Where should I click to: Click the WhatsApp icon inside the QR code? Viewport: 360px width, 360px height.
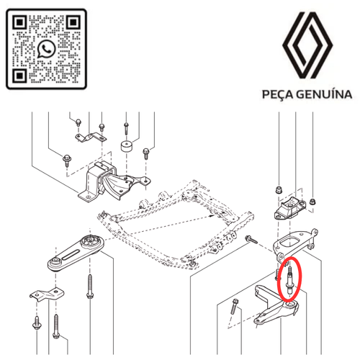click(46, 49)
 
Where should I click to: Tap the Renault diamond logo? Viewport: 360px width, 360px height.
click(307, 45)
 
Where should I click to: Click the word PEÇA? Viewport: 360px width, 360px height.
click(278, 94)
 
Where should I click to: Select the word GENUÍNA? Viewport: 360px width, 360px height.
click(324, 94)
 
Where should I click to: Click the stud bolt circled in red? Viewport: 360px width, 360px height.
click(289, 280)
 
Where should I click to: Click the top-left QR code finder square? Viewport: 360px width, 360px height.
click(19, 22)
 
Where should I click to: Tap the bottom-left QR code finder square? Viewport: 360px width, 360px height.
click(19, 76)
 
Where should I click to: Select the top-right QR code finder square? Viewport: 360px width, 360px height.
click(73, 22)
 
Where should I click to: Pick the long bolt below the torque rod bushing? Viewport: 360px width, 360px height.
click(90, 287)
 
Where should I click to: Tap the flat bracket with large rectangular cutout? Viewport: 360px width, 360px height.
click(295, 244)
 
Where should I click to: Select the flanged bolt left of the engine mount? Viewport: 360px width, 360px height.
click(66, 160)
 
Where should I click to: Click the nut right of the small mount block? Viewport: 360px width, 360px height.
click(312, 202)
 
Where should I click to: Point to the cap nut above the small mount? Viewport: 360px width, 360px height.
click(279, 189)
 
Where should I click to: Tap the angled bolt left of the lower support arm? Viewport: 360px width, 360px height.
click(234, 306)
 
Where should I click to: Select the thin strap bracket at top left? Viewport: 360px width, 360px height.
click(91, 138)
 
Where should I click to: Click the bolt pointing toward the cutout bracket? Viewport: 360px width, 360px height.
click(251, 239)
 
